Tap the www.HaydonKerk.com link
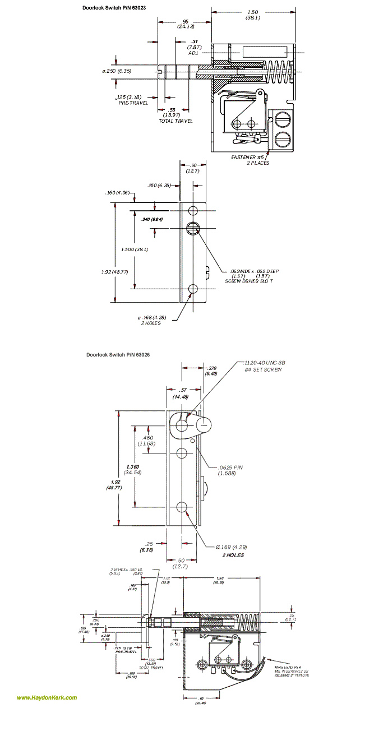pos(47,698)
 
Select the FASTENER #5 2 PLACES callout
pos(250,160)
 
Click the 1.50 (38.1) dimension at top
pos(252,15)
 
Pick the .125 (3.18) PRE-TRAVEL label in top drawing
pos(132,100)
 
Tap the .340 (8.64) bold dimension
pos(153,219)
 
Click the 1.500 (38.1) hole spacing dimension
pos(135,249)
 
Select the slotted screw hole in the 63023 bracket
pos(193,227)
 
